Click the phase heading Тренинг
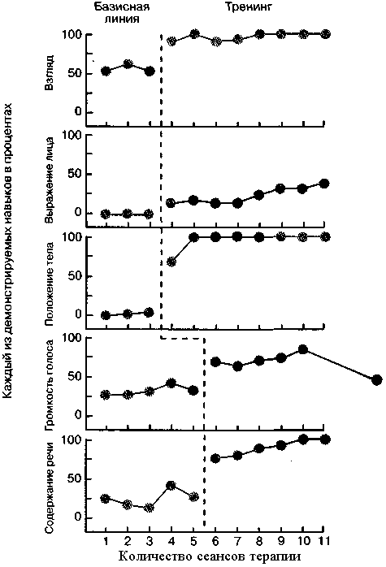point(248,6)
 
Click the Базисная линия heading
point(122,12)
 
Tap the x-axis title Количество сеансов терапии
point(210,556)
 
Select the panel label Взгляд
point(50,72)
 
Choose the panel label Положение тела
point(50,284)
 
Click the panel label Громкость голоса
point(50,386)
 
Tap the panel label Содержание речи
point(50,487)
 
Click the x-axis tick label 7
point(237,541)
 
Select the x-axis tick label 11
point(323,541)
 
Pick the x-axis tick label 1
point(106,541)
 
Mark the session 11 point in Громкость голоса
point(376,380)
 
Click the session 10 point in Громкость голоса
point(303,349)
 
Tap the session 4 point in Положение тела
point(171,262)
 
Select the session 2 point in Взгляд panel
point(128,64)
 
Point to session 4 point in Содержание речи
point(171,485)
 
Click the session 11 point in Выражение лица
point(324,184)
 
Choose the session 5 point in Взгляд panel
point(194,34)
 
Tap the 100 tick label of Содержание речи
point(72,440)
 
